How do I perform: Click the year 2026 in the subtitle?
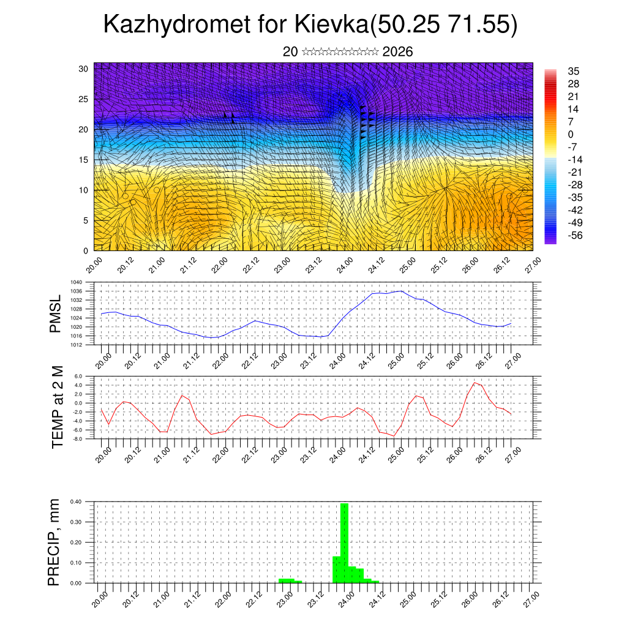(x=397, y=51)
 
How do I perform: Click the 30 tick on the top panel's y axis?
(x=83, y=69)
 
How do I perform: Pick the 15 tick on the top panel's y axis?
(x=83, y=160)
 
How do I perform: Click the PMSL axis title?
(x=56, y=314)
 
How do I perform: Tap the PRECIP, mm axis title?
(x=54, y=542)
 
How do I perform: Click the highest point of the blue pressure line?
(x=401, y=291)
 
